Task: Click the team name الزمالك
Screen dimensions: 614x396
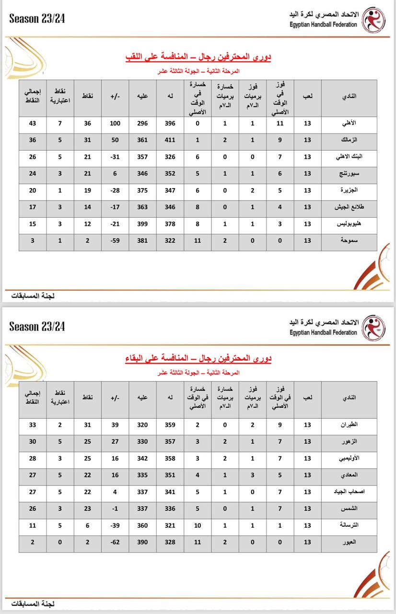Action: click(348, 140)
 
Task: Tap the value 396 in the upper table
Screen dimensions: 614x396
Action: click(170, 123)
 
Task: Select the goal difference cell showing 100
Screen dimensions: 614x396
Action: click(115, 123)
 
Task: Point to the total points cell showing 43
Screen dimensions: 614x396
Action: click(33, 123)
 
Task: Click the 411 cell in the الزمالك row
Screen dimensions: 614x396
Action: click(170, 140)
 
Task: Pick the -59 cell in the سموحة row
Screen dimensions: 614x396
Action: click(115, 241)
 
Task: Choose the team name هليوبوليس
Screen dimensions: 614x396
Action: click(345, 224)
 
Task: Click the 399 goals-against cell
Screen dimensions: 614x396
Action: click(142, 224)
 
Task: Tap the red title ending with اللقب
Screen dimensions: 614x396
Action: click(198, 58)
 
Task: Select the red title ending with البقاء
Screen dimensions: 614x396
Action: click(198, 359)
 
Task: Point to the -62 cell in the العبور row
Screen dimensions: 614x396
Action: click(115, 542)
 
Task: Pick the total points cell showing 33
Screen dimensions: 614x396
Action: click(33, 425)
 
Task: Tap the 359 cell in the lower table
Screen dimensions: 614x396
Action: click(170, 425)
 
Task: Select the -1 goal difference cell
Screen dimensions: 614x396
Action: click(115, 508)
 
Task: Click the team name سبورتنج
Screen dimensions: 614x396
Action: click(347, 174)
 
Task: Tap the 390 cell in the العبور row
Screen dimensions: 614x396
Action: click(142, 542)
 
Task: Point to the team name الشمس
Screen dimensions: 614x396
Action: click(350, 508)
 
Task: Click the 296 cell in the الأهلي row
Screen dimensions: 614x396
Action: click(142, 123)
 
